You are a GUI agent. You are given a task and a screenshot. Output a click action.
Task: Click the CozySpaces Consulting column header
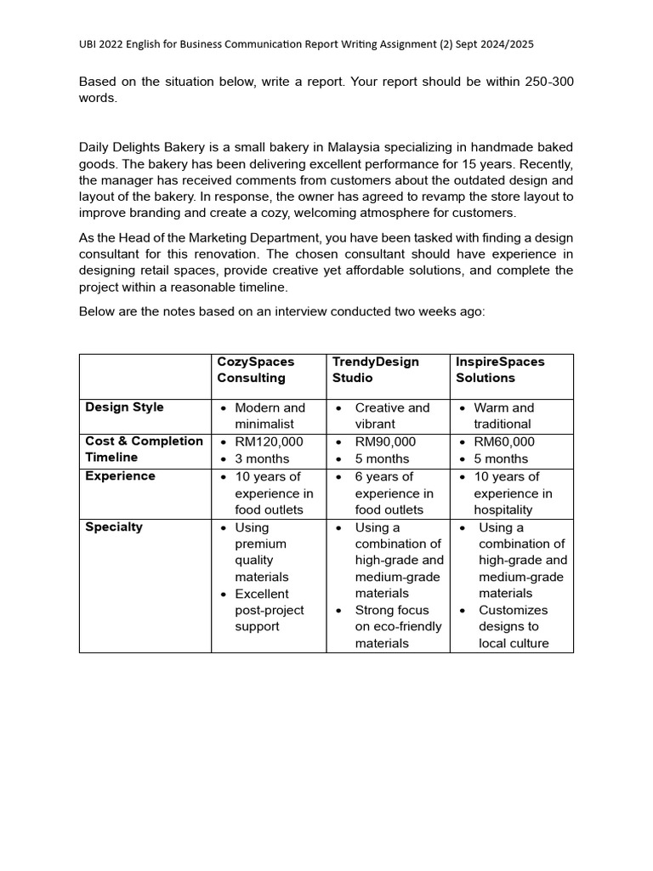pyautogui.click(x=256, y=369)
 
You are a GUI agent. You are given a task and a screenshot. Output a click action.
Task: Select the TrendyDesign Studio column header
pyautogui.click(x=375, y=369)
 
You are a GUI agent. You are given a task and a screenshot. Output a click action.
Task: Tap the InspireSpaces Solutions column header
pyautogui.click(x=500, y=369)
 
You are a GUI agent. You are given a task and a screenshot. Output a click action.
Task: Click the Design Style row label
pyautogui.click(x=124, y=407)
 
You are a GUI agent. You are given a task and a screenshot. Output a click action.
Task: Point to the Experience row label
pyautogui.click(x=120, y=476)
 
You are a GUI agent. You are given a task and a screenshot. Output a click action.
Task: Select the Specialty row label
pyautogui.click(x=114, y=527)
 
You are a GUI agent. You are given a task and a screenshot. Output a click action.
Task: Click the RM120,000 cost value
pyautogui.click(x=269, y=441)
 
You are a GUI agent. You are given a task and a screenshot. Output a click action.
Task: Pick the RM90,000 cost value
pyautogui.click(x=385, y=441)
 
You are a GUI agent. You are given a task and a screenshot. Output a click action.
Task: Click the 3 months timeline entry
pyautogui.click(x=263, y=458)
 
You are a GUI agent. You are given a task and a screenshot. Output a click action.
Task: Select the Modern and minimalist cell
pyautogui.click(x=269, y=415)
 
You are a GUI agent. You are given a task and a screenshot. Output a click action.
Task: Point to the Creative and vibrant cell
pyautogui.click(x=392, y=415)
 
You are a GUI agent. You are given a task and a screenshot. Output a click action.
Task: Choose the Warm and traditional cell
pyautogui.click(x=503, y=415)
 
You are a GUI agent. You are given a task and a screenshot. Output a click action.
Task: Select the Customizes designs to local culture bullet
pyautogui.click(x=513, y=626)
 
